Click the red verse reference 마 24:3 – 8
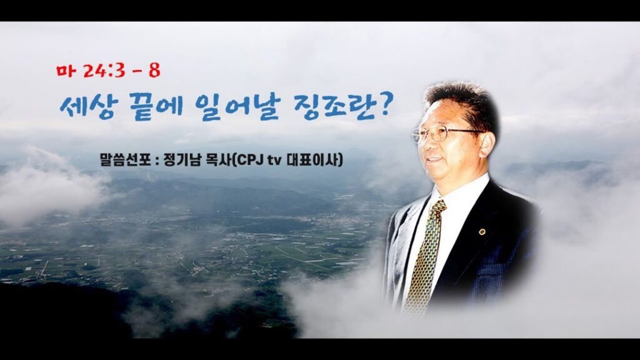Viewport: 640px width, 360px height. tap(108, 71)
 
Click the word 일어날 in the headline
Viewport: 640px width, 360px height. tap(236, 108)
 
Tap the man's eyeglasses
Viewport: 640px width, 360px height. tap(445, 133)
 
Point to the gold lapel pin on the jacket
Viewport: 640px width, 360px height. tap(482, 231)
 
